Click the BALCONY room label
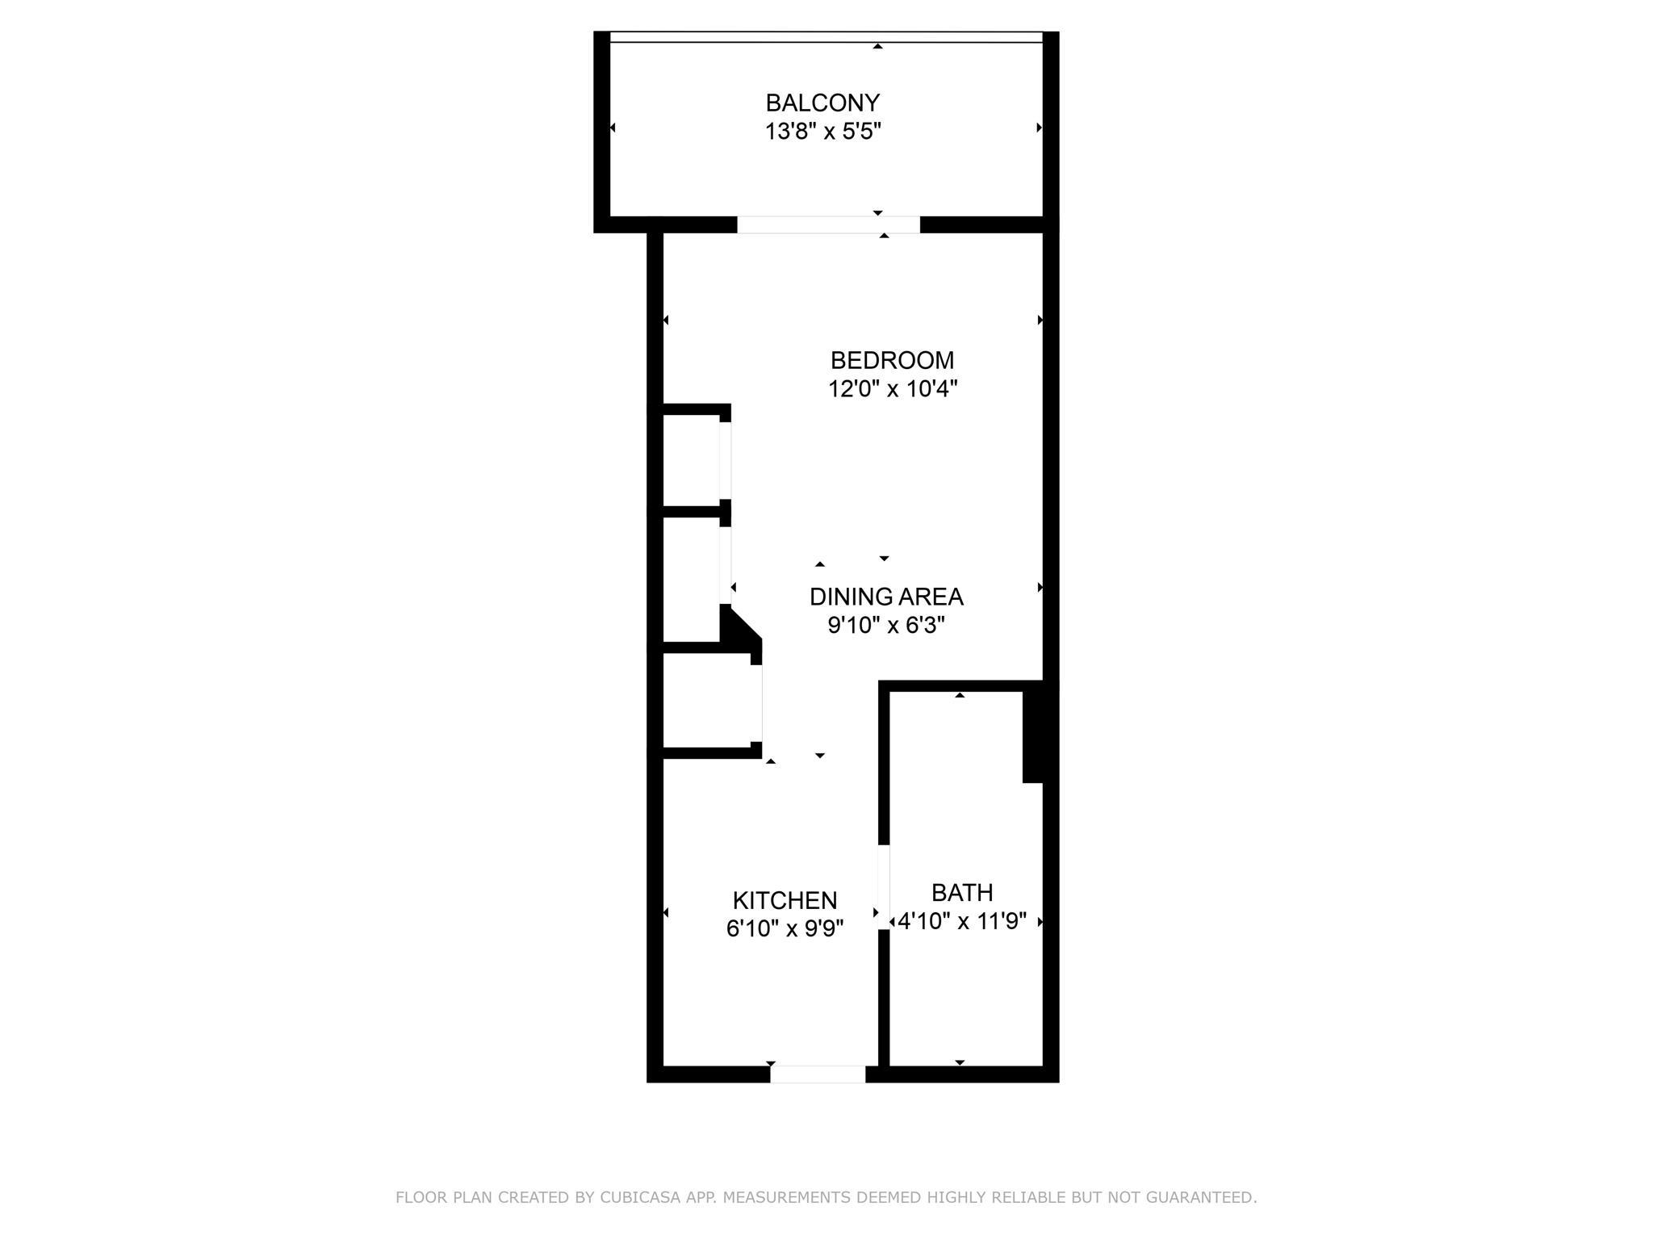click(x=822, y=103)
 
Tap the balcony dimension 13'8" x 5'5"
click(x=822, y=132)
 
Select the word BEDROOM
click(x=892, y=360)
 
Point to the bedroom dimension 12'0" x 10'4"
click(x=892, y=389)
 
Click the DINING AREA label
click(x=886, y=597)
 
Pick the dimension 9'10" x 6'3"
click(x=886, y=626)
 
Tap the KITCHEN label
click(x=785, y=900)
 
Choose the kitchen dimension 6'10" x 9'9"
click(x=785, y=929)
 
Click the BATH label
click(x=962, y=892)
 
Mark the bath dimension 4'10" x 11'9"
click(x=962, y=921)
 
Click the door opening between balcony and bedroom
click(x=828, y=225)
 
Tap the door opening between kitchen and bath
click(x=884, y=886)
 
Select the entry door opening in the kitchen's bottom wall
click(x=818, y=1075)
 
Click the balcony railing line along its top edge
click(x=826, y=37)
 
